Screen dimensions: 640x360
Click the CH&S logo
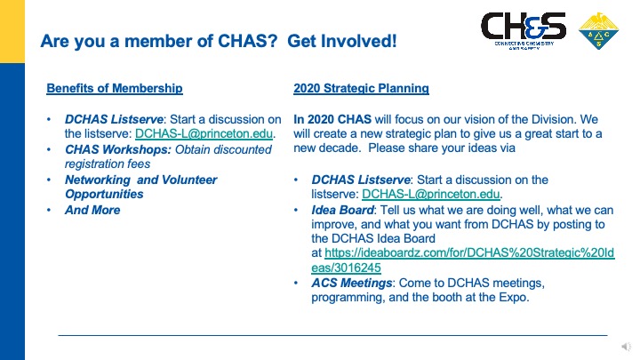point(524,30)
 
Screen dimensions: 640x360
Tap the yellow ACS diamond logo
point(598,30)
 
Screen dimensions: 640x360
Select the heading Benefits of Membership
point(115,88)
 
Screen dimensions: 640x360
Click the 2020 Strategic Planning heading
point(361,88)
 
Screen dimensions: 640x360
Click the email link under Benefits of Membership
point(204,133)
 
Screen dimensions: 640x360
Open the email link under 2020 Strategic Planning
point(430,194)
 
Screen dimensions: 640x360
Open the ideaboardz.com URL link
point(463,260)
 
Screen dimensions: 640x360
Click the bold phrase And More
point(92,210)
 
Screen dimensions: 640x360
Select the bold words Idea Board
point(342,210)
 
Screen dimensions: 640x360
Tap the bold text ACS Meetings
point(352,283)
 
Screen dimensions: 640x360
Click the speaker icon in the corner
point(627,347)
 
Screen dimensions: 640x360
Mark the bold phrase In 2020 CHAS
point(332,119)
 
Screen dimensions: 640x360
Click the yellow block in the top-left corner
point(12,31)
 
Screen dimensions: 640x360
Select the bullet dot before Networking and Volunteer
point(49,180)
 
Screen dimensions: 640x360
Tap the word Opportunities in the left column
point(104,194)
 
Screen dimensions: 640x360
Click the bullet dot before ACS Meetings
point(296,283)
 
